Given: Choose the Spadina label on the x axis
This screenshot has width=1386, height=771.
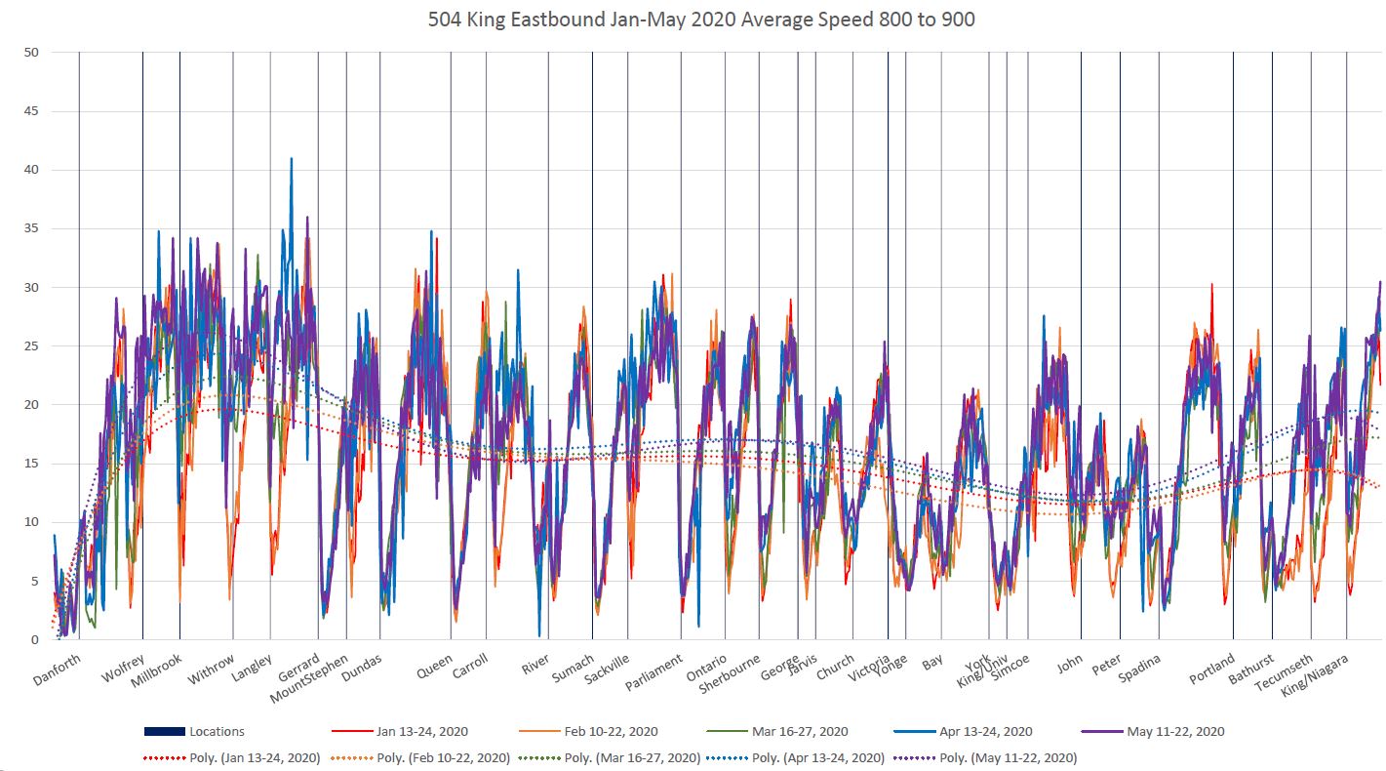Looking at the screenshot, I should (1138, 671).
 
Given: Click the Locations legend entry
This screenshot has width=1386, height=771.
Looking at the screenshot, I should (216, 731).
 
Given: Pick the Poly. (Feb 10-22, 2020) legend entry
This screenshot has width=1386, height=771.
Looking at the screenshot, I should (444, 757).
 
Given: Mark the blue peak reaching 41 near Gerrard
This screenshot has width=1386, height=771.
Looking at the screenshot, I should (291, 159).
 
